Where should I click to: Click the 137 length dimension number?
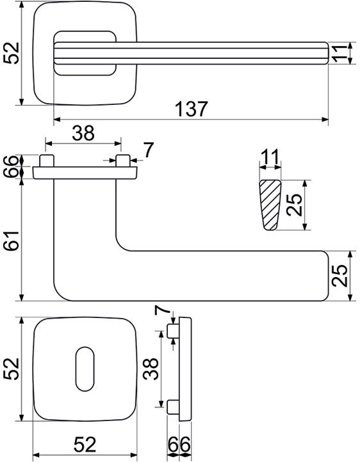191,108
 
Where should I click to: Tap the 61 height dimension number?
12,241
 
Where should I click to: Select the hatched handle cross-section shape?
270,205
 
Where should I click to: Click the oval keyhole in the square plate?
85,369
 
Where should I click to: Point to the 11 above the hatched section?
270,157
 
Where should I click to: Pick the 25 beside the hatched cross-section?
295,205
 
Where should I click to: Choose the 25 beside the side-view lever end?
339,276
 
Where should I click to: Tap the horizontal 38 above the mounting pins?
83,133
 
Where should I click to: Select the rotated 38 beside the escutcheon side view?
151,369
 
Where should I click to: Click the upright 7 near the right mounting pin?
149,150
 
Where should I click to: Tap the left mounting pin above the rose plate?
47,161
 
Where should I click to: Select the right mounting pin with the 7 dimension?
123,161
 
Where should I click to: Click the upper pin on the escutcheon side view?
173,331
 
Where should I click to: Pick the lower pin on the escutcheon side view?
173,407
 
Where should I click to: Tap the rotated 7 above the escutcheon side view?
162,310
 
